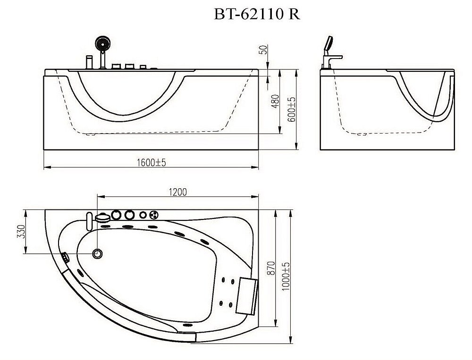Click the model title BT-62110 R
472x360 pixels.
[x=256, y=15]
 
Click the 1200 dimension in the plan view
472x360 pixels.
[x=178, y=192]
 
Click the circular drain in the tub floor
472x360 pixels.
[x=98, y=253]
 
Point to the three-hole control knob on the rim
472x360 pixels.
[x=153, y=215]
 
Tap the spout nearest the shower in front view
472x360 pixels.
[x=89, y=63]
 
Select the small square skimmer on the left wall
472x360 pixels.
[x=65, y=258]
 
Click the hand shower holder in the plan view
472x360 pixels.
[x=102, y=217]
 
